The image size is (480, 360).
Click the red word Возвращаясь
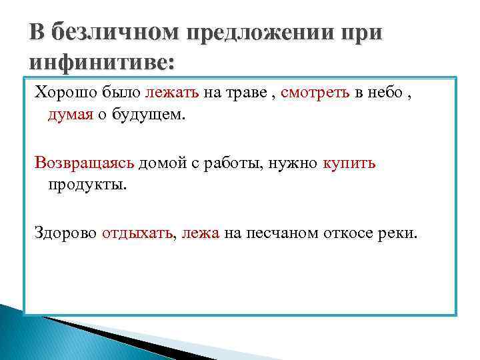(85, 163)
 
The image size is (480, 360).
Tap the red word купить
(349, 163)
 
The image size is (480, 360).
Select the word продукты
(87, 185)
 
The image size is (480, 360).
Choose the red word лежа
(200, 233)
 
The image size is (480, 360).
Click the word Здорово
(66, 233)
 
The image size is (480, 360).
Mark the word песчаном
(280, 233)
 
